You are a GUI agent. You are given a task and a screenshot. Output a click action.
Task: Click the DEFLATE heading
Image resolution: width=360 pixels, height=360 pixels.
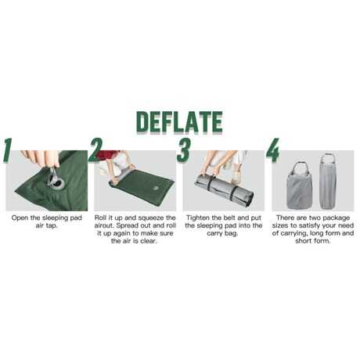click(x=179, y=122)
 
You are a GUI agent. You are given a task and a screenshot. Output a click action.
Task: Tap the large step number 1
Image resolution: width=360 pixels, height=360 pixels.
click(x=8, y=151)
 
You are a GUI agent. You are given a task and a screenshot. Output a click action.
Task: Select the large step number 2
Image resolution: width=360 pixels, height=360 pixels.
click(x=95, y=150)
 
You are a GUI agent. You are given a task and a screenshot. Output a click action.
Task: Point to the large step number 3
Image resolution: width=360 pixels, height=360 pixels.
click(x=184, y=150)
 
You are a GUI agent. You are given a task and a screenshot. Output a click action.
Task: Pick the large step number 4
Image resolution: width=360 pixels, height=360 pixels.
click(x=272, y=150)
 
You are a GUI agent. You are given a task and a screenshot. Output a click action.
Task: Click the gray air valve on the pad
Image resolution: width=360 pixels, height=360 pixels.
click(x=56, y=180)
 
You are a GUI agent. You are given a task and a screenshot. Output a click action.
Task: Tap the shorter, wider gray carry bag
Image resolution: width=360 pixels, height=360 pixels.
click(x=300, y=185)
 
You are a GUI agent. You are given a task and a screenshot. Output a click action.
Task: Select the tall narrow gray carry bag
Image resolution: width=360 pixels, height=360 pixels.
click(x=329, y=181)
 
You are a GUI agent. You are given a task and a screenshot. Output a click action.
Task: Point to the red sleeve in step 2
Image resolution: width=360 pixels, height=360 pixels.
click(x=107, y=154)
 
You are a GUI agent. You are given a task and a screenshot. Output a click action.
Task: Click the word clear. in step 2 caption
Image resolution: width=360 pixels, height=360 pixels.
click(x=148, y=241)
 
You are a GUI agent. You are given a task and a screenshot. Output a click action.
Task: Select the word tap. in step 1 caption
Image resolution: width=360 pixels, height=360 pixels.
click(x=51, y=226)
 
